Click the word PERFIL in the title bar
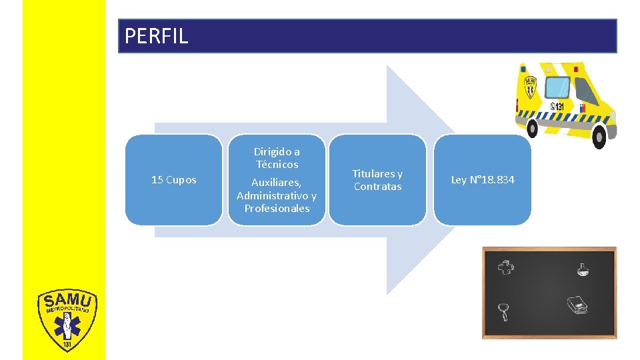(x=156, y=36)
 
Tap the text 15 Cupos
(x=173, y=180)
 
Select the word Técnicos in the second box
(x=277, y=164)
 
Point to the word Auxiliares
(x=277, y=182)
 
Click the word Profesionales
(x=277, y=208)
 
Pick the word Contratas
(x=377, y=187)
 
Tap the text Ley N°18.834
(x=483, y=180)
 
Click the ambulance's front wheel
(x=599, y=137)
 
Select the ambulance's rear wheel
(x=533, y=127)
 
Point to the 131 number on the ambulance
(x=557, y=107)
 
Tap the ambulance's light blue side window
(x=557, y=87)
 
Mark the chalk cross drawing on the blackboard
(x=506, y=267)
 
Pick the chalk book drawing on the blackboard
(x=577, y=305)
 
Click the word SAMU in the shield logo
(x=67, y=301)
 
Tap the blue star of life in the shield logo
(x=66, y=327)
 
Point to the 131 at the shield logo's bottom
(x=67, y=345)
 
